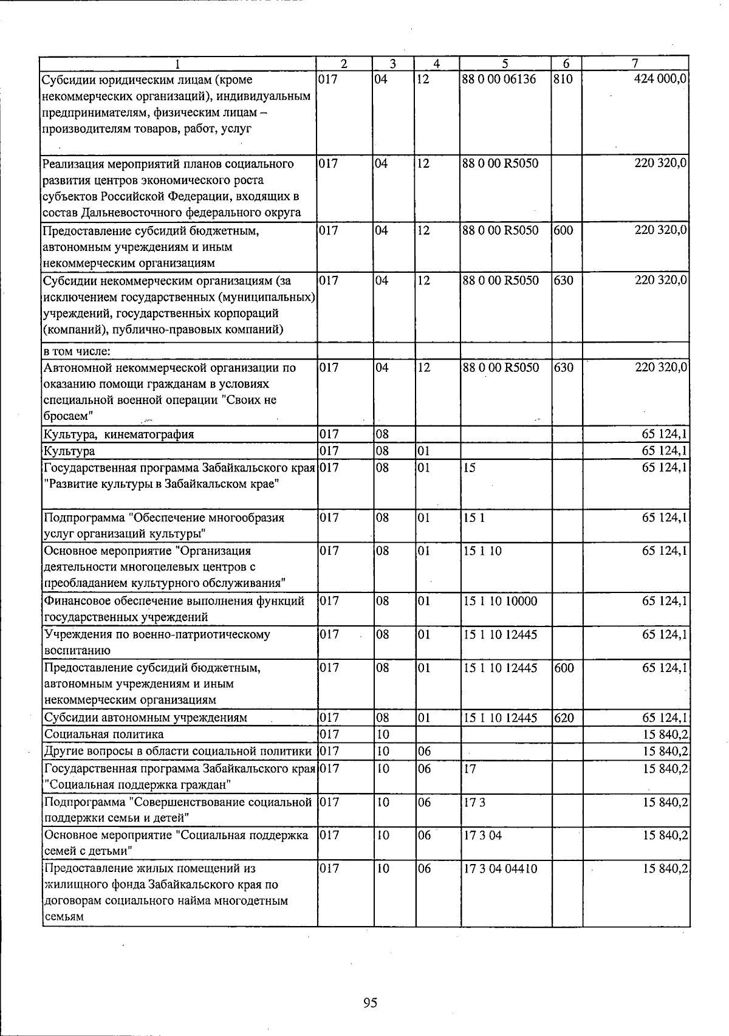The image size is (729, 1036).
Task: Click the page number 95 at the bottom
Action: [370, 1002]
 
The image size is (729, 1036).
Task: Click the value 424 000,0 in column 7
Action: [660, 79]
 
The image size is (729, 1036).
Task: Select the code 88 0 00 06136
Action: [499, 79]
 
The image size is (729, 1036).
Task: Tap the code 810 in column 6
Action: [563, 79]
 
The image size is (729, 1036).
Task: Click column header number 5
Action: [505, 63]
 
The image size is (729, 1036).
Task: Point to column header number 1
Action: [177, 63]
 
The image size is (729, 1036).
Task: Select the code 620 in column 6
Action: [564, 718]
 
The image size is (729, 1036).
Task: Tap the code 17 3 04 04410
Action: [501, 868]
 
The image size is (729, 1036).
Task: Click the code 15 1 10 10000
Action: [500, 601]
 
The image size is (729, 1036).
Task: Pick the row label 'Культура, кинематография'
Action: [119, 434]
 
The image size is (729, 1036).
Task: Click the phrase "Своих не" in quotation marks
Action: [254, 400]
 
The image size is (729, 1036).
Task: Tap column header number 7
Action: [635, 63]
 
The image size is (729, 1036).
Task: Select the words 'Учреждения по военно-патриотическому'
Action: [157, 634]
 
